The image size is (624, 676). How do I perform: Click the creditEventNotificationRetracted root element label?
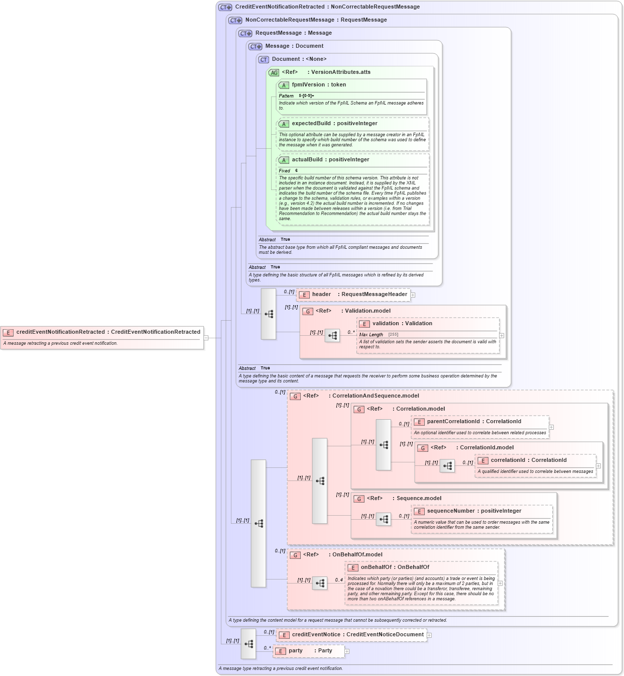(x=108, y=332)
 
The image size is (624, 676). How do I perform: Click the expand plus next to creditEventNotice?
(x=429, y=635)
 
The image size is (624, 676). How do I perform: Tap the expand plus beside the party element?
(x=347, y=651)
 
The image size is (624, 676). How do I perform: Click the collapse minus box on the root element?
(x=206, y=338)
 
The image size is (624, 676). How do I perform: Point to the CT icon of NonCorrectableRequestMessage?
(x=235, y=21)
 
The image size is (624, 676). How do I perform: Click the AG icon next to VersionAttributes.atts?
(x=274, y=73)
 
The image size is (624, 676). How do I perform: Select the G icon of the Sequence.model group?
(x=359, y=499)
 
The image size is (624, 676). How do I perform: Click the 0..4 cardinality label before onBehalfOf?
(x=339, y=580)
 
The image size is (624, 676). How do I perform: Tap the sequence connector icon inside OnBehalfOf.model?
(x=320, y=583)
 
